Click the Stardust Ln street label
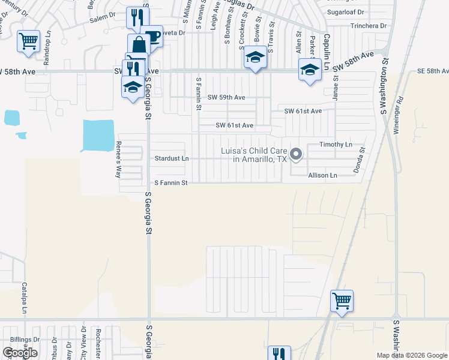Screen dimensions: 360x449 coord(172,159)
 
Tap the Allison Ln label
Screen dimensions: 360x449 coord(322,175)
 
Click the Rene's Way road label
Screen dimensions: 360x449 coord(118,160)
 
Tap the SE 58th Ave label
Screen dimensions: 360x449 coord(433,71)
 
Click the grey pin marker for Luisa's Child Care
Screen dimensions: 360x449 coord(295,155)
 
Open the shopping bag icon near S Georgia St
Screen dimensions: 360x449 coord(139,45)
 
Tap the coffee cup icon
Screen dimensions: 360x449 coord(152,37)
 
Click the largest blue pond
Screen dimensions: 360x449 coord(98,136)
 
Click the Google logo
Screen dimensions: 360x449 coord(20,353)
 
